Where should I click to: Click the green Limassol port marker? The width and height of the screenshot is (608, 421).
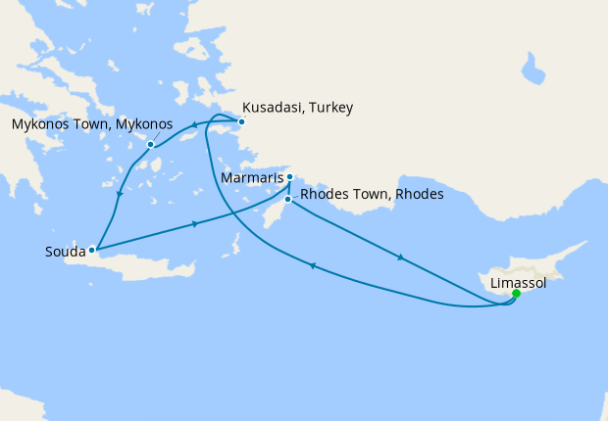[x=517, y=292]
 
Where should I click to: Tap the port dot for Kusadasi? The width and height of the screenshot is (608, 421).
[x=241, y=122]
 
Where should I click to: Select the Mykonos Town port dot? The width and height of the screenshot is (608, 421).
[x=150, y=145]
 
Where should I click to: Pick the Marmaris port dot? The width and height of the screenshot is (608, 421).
[x=289, y=177]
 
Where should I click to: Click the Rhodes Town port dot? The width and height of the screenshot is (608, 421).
[x=286, y=200]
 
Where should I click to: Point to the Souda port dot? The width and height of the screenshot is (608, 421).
[x=93, y=249]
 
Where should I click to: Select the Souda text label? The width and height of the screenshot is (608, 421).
[x=65, y=252]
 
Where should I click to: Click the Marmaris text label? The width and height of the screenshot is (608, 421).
[x=251, y=180]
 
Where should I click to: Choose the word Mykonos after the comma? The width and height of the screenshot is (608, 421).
[x=145, y=125]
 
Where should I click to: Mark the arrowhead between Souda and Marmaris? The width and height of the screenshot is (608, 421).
[x=196, y=224]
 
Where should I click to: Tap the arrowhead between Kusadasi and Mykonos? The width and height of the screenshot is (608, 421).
[x=195, y=124]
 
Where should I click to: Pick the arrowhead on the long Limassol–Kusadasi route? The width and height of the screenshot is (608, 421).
[x=313, y=265]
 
